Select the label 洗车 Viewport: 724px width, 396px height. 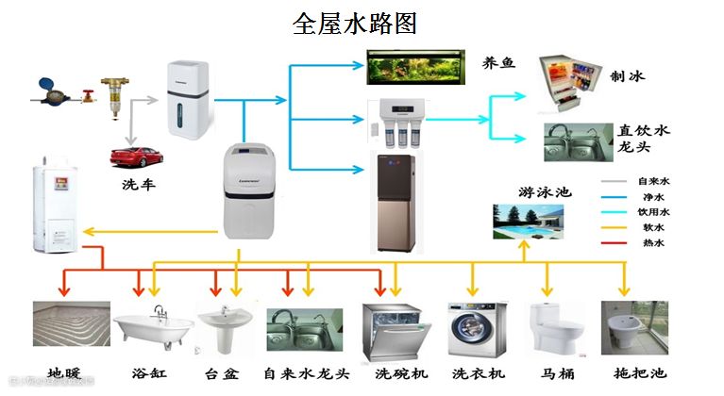[138, 184]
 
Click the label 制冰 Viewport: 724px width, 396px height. [629, 76]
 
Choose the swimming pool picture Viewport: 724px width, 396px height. [528, 222]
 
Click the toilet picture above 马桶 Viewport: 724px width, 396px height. [551, 329]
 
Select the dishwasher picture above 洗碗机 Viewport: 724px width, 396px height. [396, 331]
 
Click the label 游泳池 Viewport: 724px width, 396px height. [546, 191]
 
